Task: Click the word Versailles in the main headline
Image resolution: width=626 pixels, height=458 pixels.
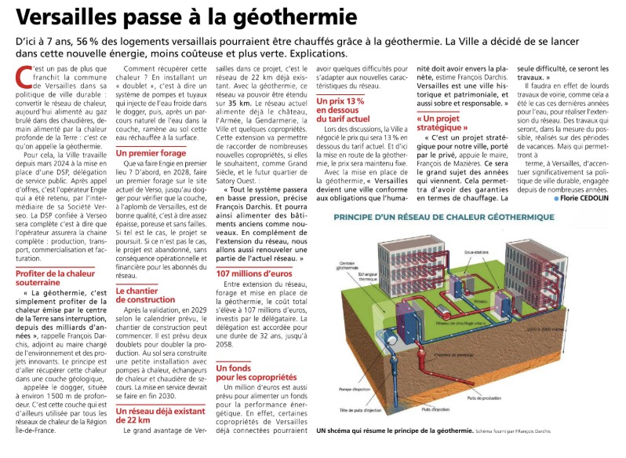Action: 72,17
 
